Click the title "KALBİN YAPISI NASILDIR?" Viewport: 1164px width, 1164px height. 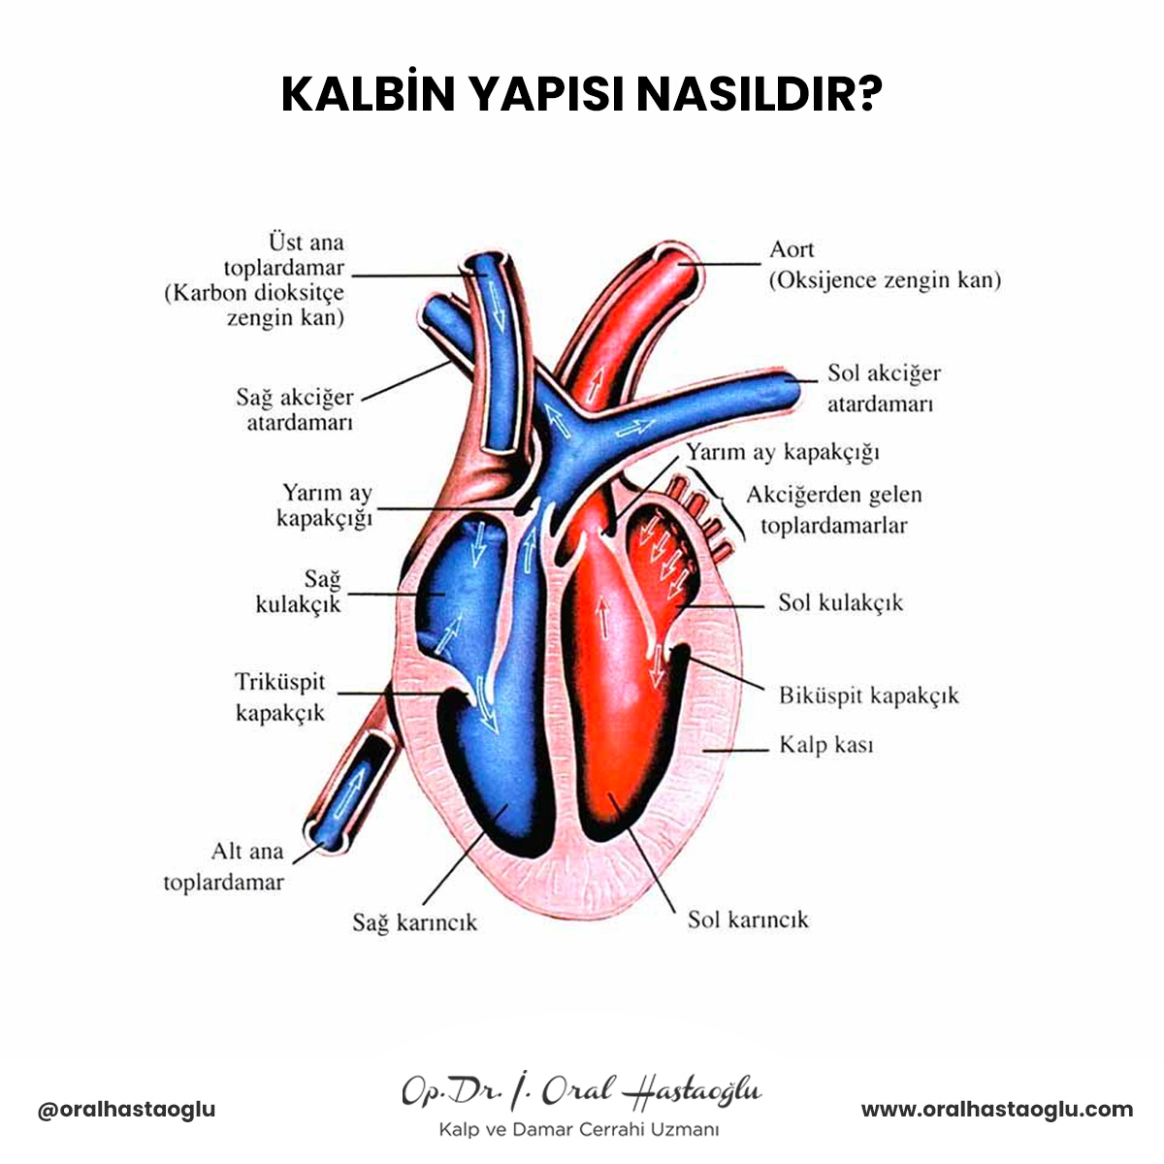(582, 95)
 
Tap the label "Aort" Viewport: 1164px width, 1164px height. (792, 249)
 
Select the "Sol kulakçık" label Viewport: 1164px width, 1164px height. (840, 602)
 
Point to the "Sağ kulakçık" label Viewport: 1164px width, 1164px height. (299, 592)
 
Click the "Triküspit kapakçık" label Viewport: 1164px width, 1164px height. (280, 697)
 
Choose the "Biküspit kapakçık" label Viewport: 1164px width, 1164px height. (868, 695)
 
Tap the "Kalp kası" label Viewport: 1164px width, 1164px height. (826, 745)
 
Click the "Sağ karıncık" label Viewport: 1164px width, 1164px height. (414, 922)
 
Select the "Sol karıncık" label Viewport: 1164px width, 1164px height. (748, 920)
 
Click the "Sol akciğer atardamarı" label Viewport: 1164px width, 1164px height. (883, 388)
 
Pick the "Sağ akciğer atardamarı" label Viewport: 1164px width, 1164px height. (295, 409)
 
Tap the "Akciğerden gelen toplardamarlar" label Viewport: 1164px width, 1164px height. (834, 509)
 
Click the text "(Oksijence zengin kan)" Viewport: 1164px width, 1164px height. (885, 280)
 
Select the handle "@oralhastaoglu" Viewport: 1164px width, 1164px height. (126, 1110)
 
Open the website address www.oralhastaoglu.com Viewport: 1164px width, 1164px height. (997, 1109)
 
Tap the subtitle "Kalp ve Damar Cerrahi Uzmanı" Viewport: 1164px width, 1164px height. (579, 1129)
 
